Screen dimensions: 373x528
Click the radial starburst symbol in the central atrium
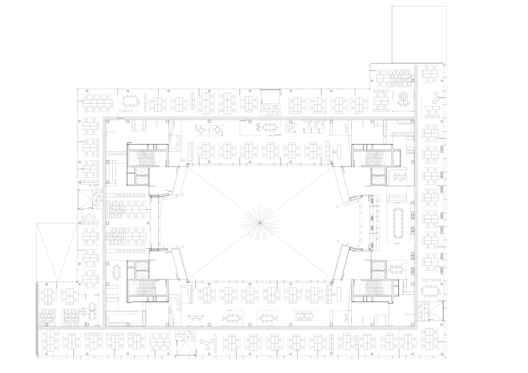(x=260, y=223)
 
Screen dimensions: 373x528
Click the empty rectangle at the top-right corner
(x=419, y=34)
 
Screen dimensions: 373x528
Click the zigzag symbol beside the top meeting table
(x=258, y=127)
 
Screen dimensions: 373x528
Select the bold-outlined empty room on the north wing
(x=270, y=97)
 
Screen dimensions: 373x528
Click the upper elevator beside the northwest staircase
(x=143, y=171)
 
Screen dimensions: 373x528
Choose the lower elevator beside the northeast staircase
(x=377, y=180)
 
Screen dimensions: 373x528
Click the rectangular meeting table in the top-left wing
(x=132, y=101)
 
